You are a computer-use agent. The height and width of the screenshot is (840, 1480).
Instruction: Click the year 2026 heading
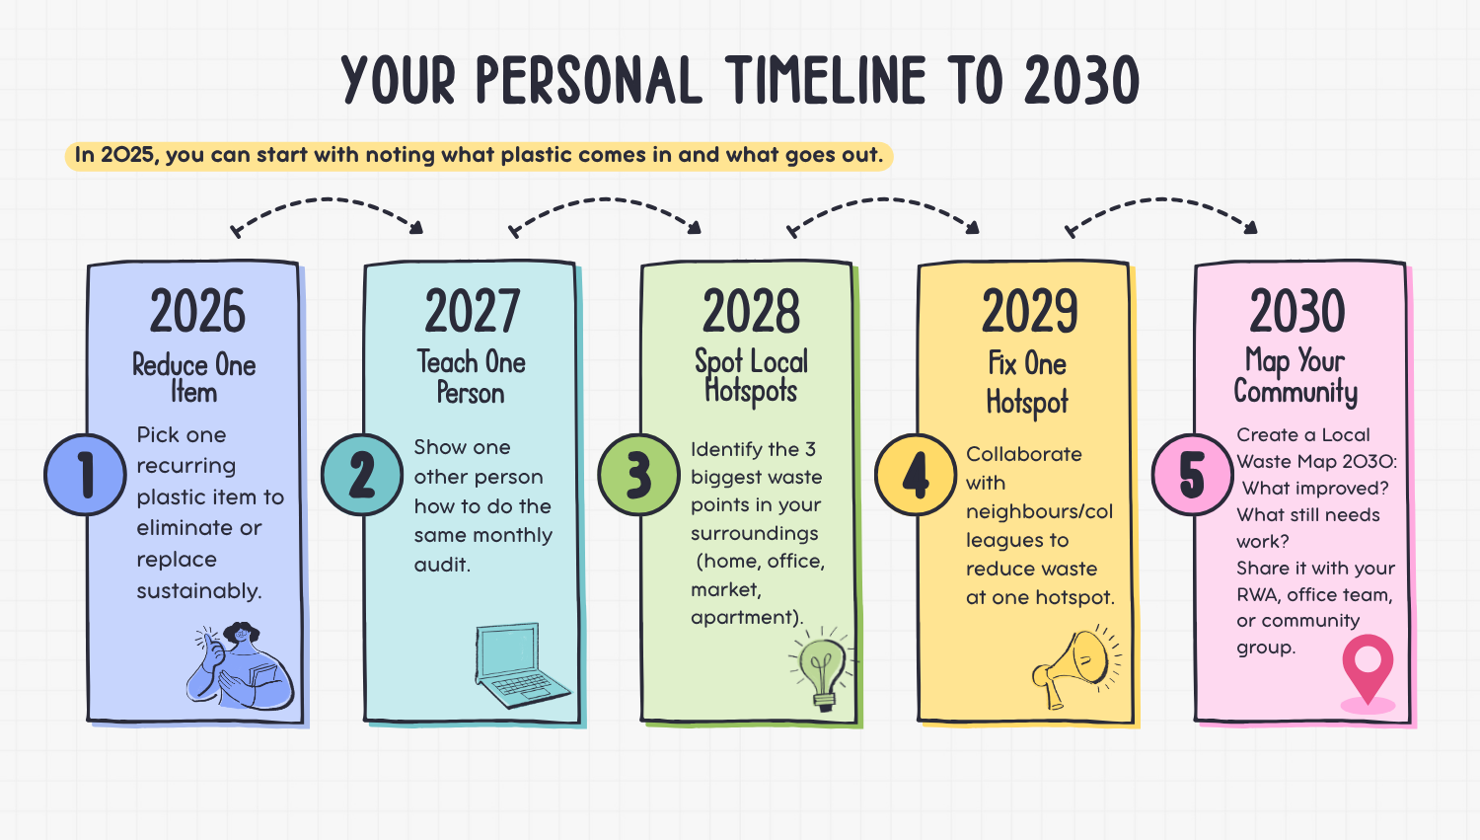pyautogui.click(x=197, y=311)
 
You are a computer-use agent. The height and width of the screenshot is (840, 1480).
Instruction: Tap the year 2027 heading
pyautogui.click(x=473, y=311)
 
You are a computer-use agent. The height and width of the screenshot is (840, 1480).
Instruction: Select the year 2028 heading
pyautogui.click(x=751, y=311)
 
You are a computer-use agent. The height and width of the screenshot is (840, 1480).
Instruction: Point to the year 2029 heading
pyautogui.click(x=1029, y=311)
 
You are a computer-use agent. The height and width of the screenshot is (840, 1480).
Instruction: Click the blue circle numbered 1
pyautogui.click(x=85, y=475)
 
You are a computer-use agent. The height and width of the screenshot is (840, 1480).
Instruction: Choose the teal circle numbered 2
pyautogui.click(x=362, y=475)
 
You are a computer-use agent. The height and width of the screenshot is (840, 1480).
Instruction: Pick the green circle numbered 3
pyautogui.click(x=639, y=475)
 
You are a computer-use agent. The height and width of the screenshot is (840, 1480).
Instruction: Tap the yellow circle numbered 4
pyautogui.click(x=916, y=475)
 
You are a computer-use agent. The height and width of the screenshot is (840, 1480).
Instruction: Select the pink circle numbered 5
pyautogui.click(x=1193, y=475)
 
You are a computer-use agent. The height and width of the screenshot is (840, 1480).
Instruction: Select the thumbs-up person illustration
pyautogui.click(x=240, y=665)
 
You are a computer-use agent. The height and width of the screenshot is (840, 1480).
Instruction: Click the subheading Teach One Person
pyautogui.click(x=471, y=377)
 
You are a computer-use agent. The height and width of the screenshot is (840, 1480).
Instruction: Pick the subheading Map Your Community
pyautogui.click(x=1295, y=375)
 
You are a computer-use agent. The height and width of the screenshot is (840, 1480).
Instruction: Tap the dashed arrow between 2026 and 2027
pyautogui.click(x=327, y=199)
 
